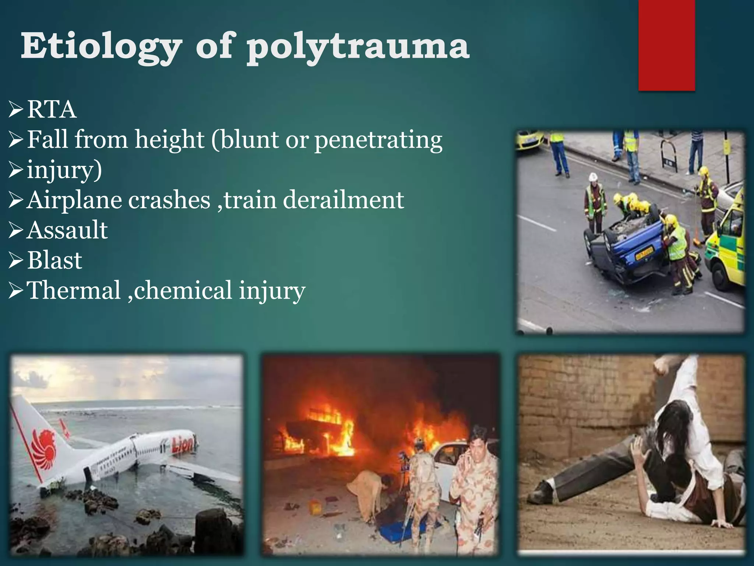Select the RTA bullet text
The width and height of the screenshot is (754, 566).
(x=52, y=109)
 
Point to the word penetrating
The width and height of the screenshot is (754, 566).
(x=378, y=140)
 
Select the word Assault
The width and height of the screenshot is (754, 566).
(x=67, y=230)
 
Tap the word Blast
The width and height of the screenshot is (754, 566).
(x=54, y=260)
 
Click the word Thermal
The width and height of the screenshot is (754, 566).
(x=74, y=290)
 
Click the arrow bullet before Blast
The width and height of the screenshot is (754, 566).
(x=16, y=260)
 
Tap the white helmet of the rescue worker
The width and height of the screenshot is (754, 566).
(x=592, y=177)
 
